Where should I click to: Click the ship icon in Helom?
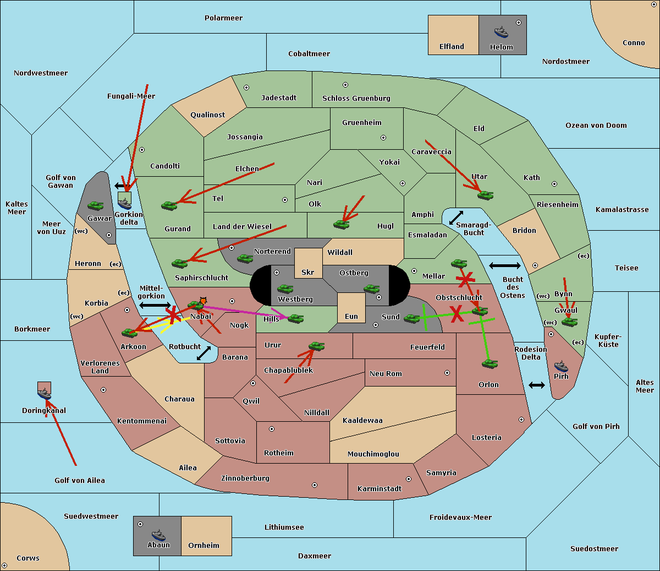(501, 32)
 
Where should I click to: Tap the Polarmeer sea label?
(223, 18)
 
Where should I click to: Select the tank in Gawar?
(96, 205)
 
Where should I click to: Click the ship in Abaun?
(158, 535)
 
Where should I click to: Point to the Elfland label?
(452, 47)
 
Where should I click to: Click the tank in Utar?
(485, 195)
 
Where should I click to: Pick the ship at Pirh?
(561, 366)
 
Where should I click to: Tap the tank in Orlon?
(490, 364)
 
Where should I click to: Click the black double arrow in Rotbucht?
(204, 354)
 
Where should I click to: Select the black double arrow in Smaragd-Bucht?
(456, 217)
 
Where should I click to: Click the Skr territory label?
(308, 272)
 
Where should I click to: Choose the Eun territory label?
(351, 316)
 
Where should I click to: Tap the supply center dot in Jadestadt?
(246, 88)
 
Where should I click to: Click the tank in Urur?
(316, 346)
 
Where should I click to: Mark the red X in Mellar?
(465, 280)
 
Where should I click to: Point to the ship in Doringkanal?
(44, 394)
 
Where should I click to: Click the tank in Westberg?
(285, 289)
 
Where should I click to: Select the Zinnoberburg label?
(245, 478)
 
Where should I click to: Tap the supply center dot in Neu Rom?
(447, 373)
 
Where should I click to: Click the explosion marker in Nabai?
(203, 301)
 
